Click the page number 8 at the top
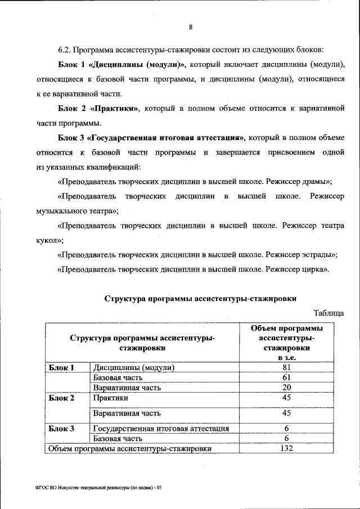tap(191, 27)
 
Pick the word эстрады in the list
tap(320, 254)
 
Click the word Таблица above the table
tap(328, 313)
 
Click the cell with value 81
tap(286, 368)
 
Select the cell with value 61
tap(286, 378)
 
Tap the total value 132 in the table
tap(286, 448)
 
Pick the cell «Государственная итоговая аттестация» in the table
tap(161, 429)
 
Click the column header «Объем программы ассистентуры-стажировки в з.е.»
tap(286, 343)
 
